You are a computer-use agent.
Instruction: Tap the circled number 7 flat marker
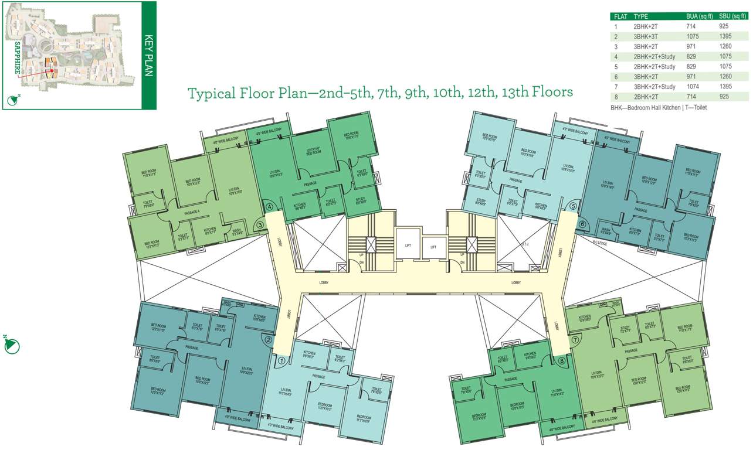[575, 339]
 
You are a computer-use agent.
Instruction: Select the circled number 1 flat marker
[281, 361]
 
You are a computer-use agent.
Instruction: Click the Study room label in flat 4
[360, 200]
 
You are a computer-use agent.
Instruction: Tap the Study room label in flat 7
[626, 329]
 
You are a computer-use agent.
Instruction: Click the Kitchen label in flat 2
[260, 318]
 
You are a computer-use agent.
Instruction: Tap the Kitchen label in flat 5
[541, 206]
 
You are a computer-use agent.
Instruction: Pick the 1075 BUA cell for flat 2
[693, 36]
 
